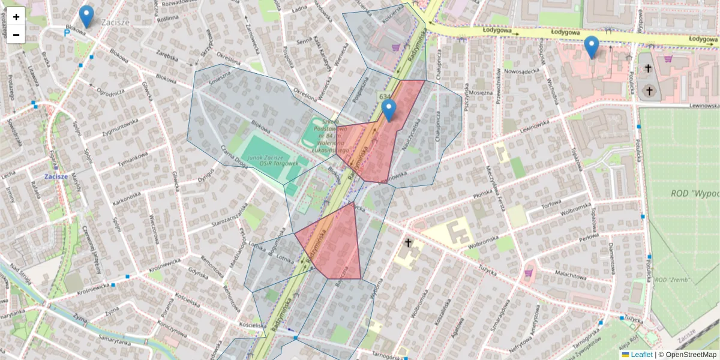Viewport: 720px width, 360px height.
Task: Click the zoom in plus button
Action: [16, 17]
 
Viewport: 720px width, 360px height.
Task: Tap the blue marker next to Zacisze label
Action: [86, 17]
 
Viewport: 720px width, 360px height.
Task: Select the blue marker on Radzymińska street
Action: [389, 110]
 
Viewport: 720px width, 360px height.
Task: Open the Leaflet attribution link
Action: [641, 355]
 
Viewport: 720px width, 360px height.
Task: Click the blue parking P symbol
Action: [67, 33]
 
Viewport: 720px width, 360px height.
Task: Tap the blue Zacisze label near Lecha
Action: [58, 177]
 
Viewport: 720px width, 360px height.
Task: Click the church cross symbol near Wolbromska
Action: [409, 243]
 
